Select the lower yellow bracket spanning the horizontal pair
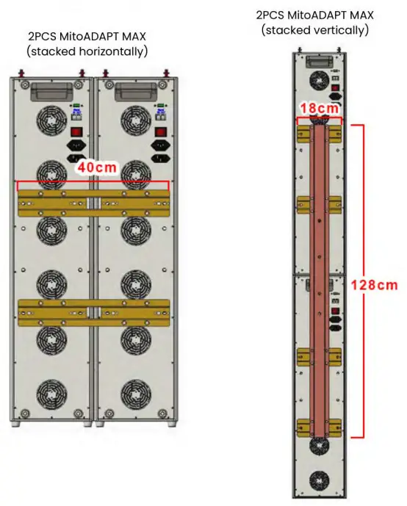click(94, 312)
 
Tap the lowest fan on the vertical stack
click(320, 481)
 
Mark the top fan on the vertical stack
click(320, 79)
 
